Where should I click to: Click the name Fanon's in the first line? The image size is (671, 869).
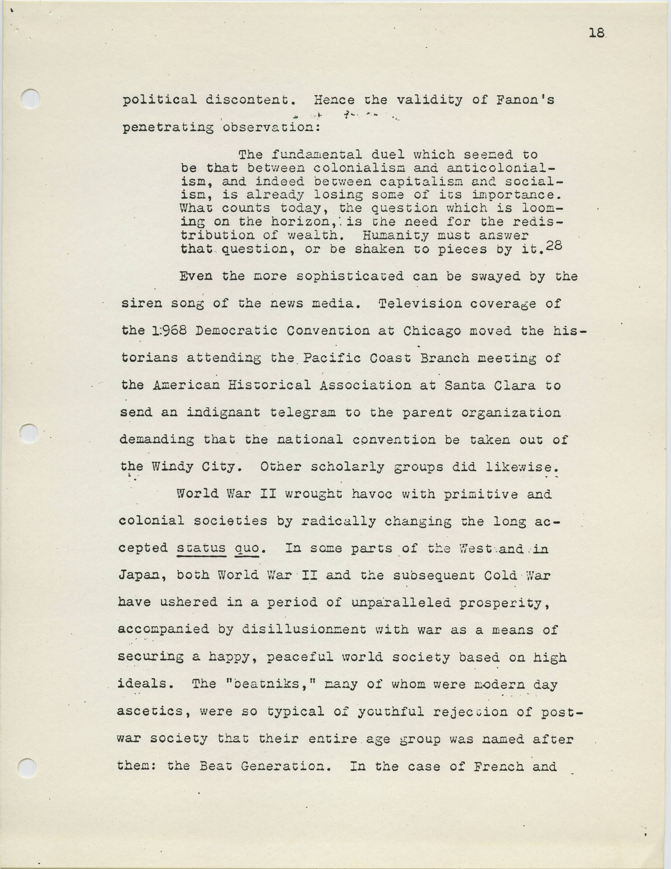pyautogui.click(x=524, y=100)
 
